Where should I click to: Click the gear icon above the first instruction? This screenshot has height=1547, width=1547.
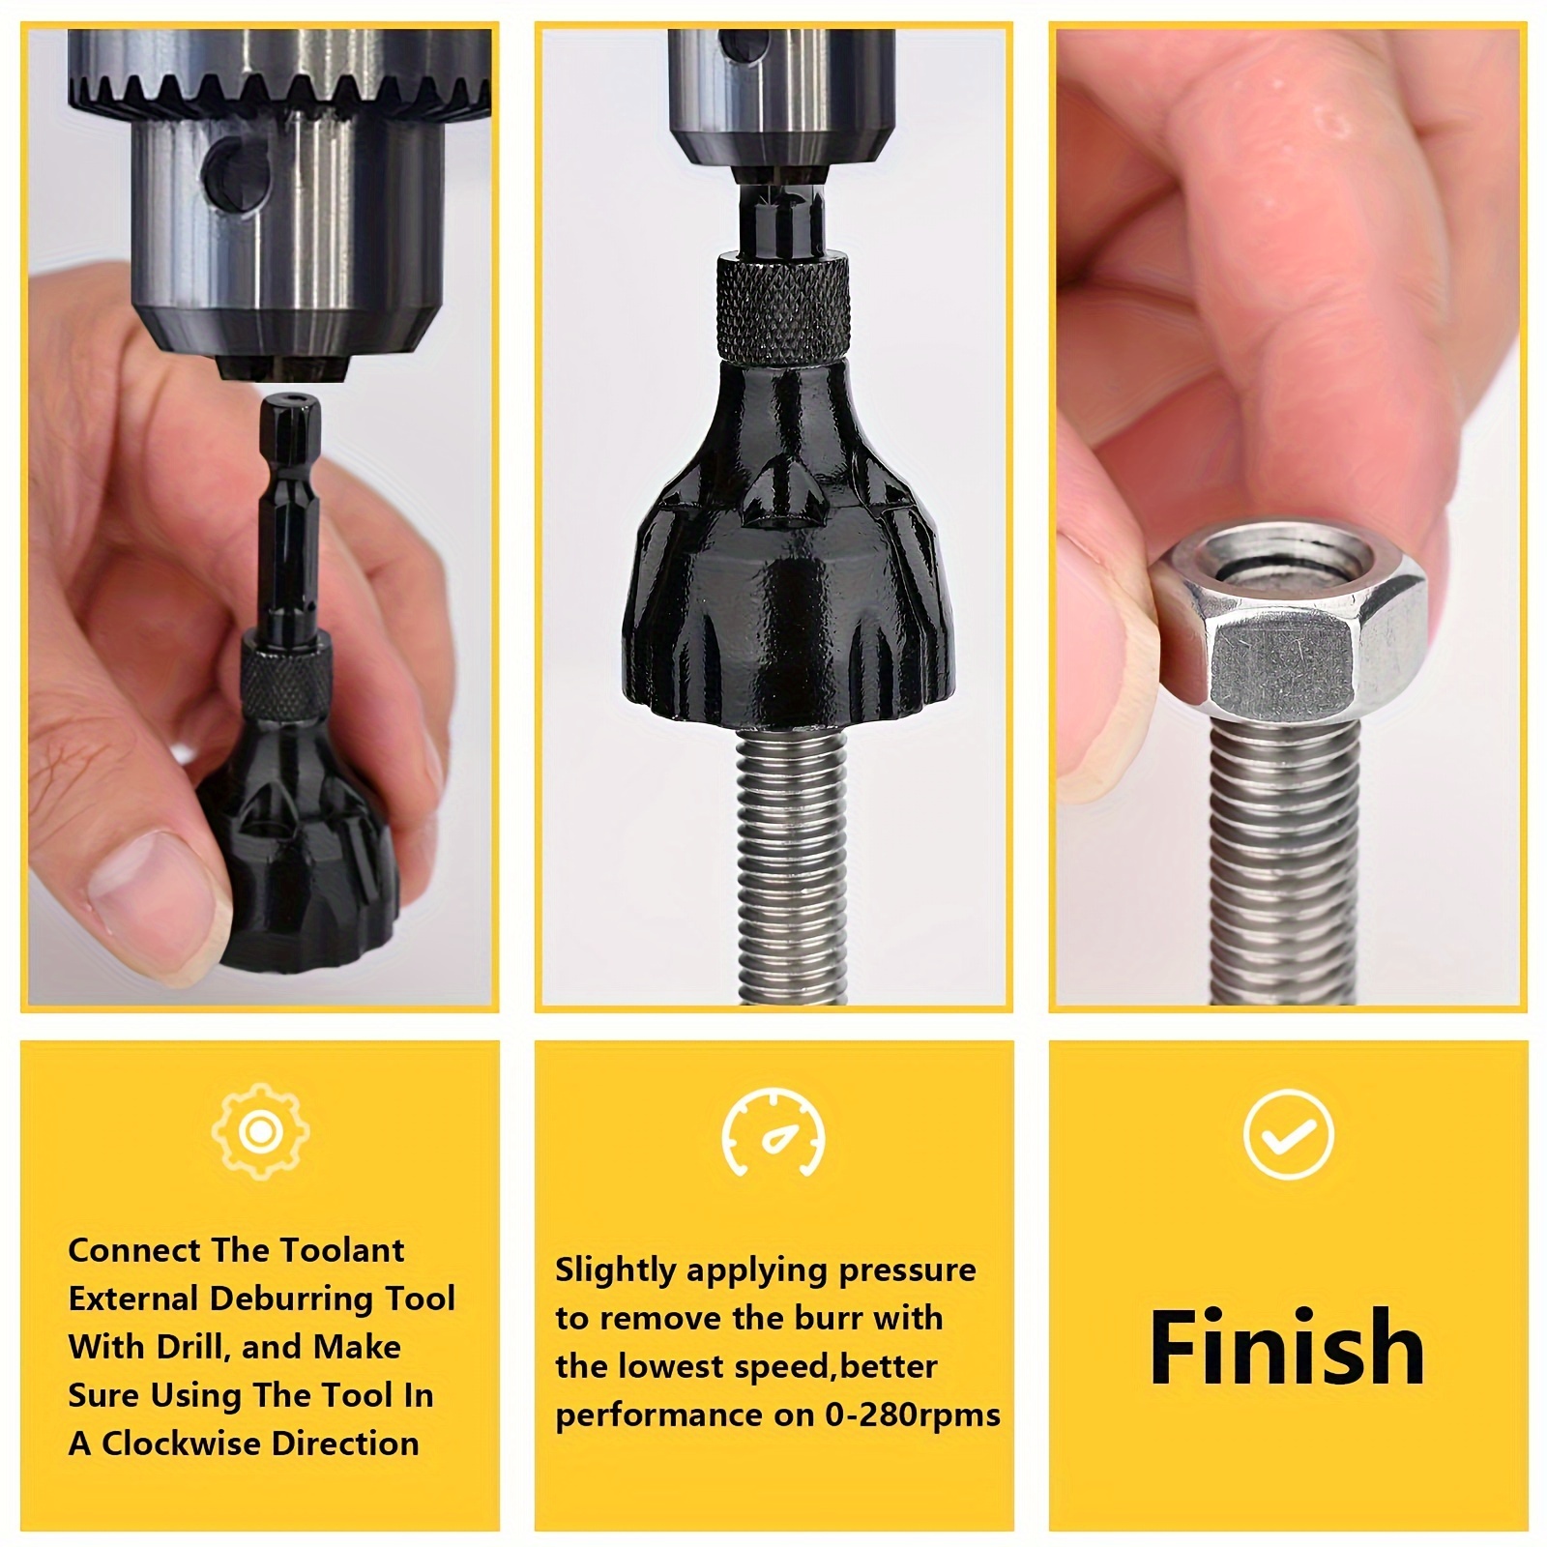click(260, 1132)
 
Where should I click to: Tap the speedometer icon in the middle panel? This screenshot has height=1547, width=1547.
click(773, 1133)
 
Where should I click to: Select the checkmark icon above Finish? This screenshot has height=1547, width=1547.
click(1289, 1133)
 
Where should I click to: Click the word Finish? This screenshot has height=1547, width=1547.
click(1287, 1347)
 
